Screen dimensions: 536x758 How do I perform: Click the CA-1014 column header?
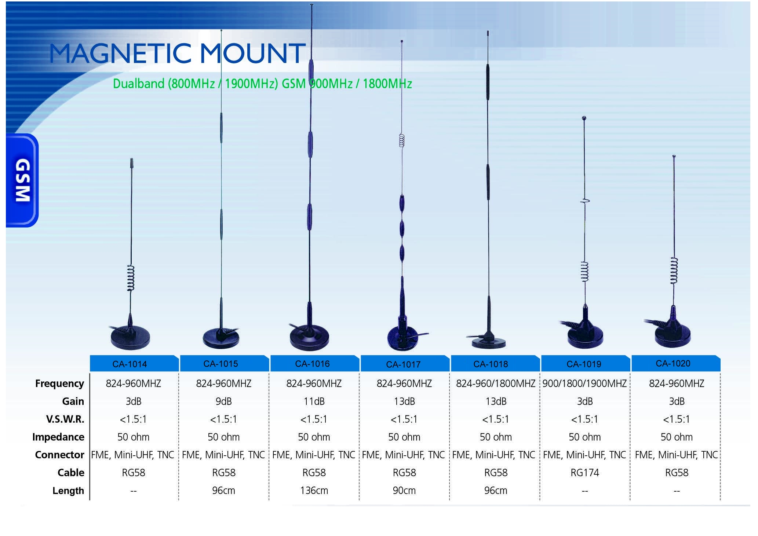click(130, 364)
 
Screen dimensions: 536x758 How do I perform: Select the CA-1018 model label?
click(491, 364)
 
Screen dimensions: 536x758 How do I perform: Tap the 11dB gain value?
click(314, 401)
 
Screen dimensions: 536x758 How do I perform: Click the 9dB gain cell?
click(223, 401)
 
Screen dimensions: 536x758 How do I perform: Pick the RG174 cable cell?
click(584, 473)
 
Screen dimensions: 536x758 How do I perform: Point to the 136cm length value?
click(314, 491)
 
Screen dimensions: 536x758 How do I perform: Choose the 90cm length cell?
click(404, 491)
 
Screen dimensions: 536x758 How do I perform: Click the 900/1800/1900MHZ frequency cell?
click(584, 383)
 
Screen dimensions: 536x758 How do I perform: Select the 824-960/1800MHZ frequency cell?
click(496, 383)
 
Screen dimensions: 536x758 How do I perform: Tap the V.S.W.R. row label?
click(65, 419)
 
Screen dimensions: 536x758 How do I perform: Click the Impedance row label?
click(58, 437)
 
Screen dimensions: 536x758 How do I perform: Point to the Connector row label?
click(59, 455)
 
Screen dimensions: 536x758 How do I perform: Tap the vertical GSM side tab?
click(22, 180)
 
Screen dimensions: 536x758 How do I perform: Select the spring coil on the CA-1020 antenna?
click(674, 271)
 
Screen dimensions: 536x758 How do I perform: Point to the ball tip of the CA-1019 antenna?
click(584, 118)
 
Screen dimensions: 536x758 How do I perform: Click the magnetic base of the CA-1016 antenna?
click(309, 338)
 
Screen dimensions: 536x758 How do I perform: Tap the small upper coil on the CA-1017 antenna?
click(402, 141)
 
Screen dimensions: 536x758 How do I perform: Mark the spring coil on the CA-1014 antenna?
click(131, 278)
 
